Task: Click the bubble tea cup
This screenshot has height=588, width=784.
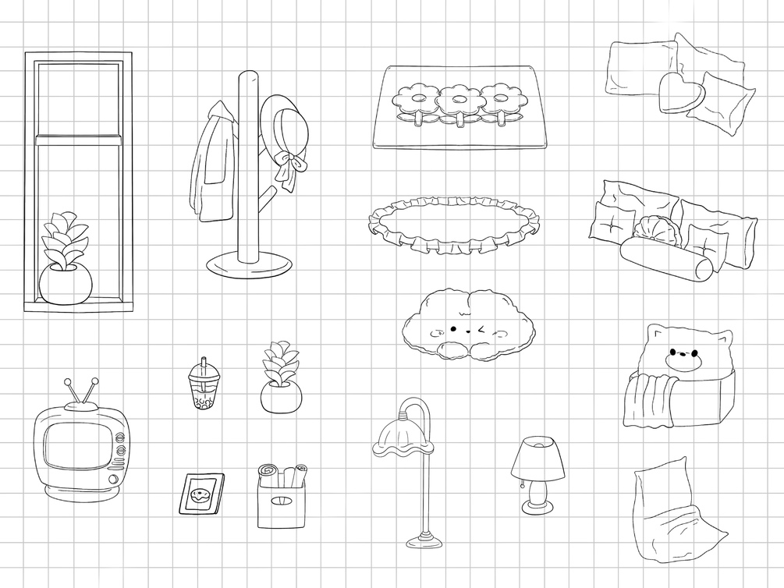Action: tap(203, 388)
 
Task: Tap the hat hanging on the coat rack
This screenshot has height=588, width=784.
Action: tap(282, 129)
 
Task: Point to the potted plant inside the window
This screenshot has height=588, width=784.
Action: tap(65, 265)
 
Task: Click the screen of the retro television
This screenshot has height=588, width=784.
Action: tap(75, 448)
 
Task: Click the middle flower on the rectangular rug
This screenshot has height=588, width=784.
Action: tap(459, 101)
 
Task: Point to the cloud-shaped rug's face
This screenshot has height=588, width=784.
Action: tap(466, 329)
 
